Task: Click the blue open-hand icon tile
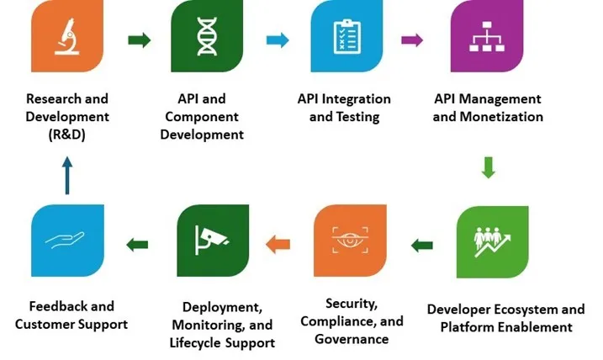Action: tap(66, 241)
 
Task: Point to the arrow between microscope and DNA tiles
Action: tap(139, 40)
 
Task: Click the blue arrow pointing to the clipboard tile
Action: tap(278, 40)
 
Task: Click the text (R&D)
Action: tap(67, 135)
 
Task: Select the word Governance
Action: tap(352, 339)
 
